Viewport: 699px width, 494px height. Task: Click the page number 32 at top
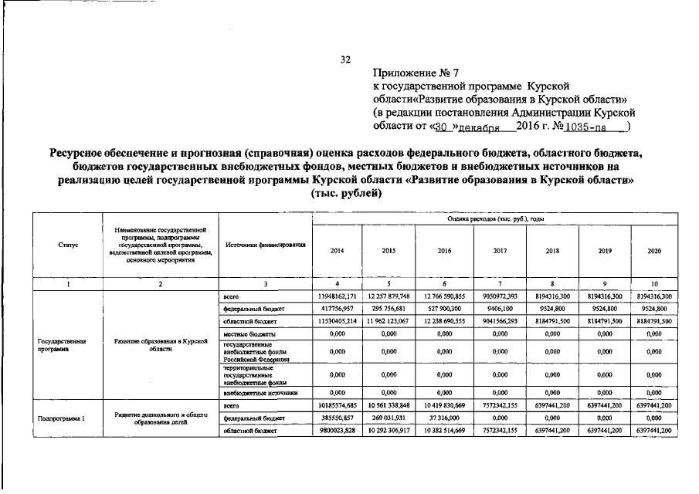pyautogui.click(x=346, y=59)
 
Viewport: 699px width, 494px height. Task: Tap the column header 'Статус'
pyautogui.click(x=68, y=245)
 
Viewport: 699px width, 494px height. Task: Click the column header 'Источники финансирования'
pyautogui.click(x=265, y=245)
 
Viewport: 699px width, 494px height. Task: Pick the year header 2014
pyautogui.click(x=337, y=251)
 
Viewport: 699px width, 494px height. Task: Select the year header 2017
pyautogui.click(x=500, y=251)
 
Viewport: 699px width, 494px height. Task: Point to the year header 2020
pyautogui.click(x=656, y=251)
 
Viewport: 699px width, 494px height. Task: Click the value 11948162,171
pyautogui.click(x=337, y=296)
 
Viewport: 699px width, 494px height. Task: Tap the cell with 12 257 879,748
pyautogui.click(x=390, y=296)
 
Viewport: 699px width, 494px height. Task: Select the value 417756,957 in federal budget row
pyautogui.click(x=337, y=307)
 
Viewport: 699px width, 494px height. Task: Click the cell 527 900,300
pyautogui.click(x=444, y=307)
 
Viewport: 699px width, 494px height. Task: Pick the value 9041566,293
pyautogui.click(x=500, y=320)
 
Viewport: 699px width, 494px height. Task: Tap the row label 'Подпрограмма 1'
pyautogui.click(x=61, y=418)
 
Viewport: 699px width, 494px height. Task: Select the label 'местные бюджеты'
pyautogui.click(x=244, y=333)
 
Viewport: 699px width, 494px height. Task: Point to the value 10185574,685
pyautogui.click(x=337, y=404)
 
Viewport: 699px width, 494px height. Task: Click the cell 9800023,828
pyautogui.click(x=337, y=430)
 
